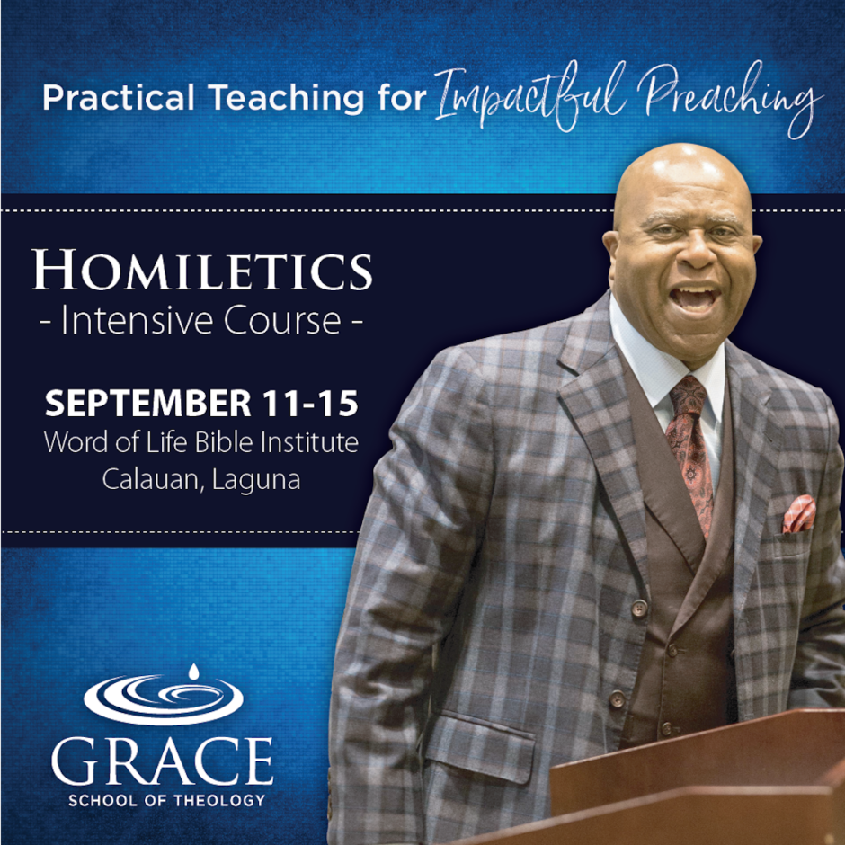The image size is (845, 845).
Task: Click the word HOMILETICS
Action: [x=202, y=270]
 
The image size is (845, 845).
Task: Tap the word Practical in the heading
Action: [x=119, y=98]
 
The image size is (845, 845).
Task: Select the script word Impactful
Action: [x=530, y=97]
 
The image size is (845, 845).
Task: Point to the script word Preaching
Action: [x=730, y=100]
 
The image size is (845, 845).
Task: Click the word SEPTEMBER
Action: [x=148, y=403]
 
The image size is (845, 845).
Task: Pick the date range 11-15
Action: [x=310, y=403]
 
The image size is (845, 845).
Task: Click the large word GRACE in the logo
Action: [x=162, y=760]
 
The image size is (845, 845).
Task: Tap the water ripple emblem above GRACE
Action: [x=164, y=699]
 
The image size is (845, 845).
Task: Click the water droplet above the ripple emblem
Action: [x=193, y=672]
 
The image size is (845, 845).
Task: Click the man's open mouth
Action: [x=695, y=298]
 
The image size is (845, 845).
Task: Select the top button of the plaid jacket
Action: [x=640, y=608]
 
